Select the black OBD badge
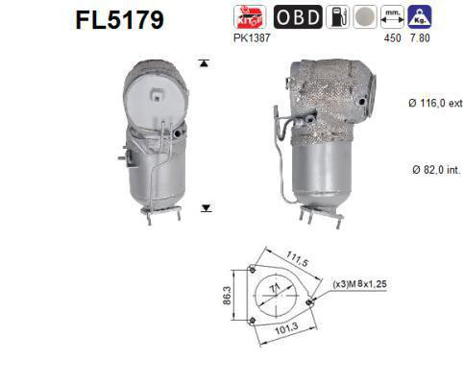coord(298,17)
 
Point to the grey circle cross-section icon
coord(364,17)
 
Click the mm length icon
coord(392,17)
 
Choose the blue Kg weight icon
coord(420,17)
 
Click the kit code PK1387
coord(251,37)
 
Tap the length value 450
coord(392,38)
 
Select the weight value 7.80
coord(420,38)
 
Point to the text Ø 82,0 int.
coord(424,169)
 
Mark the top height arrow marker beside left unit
coord(203,63)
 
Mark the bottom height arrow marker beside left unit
coord(204,206)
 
